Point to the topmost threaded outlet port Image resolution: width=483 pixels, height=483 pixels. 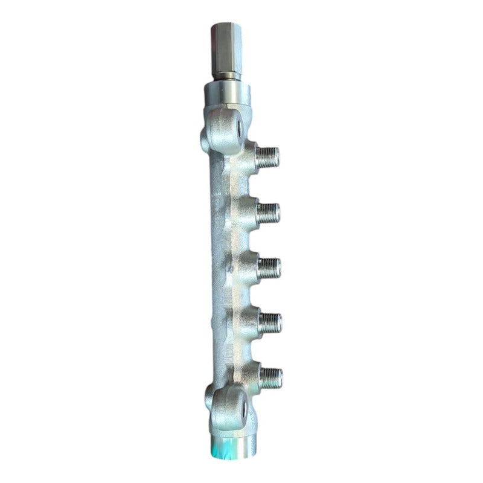(268, 158)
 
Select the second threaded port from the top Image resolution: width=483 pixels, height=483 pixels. (269, 212)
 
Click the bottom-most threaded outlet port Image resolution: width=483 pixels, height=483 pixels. (271, 378)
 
